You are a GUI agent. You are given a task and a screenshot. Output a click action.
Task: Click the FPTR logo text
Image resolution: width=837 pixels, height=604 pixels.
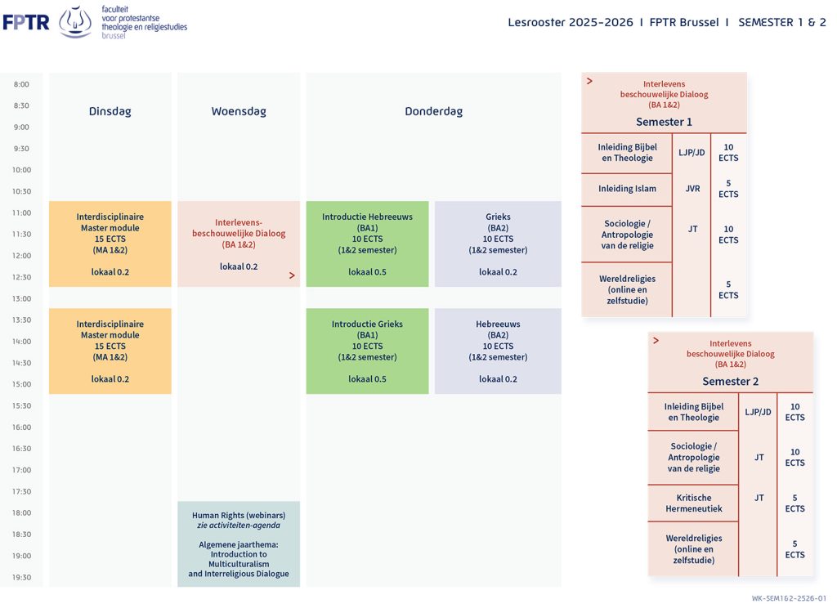[x=26, y=22]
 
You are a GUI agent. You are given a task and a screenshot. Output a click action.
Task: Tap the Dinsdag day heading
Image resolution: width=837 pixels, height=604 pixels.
[x=110, y=111]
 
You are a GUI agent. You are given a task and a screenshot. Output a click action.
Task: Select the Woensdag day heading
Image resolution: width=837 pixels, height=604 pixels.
[x=239, y=111]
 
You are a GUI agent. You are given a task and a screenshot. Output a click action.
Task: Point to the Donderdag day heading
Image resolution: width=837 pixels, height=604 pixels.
[x=433, y=111]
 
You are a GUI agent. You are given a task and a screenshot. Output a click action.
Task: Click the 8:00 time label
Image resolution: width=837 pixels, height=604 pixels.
[x=21, y=84]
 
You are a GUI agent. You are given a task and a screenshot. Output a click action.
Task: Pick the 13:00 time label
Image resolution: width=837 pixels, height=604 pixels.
[x=21, y=299]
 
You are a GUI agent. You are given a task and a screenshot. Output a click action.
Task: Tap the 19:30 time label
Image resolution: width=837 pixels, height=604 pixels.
[x=21, y=577]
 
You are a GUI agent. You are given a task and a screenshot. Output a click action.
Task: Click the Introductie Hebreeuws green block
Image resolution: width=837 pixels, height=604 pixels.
[x=367, y=244]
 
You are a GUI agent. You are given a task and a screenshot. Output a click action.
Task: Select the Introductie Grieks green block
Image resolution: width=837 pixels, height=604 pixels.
[x=367, y=351]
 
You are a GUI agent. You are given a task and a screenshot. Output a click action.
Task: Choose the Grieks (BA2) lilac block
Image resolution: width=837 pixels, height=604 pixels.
[x=498, y=244]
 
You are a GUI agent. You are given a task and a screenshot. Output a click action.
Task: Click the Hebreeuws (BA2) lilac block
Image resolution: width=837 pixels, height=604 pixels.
[x=498, y=351]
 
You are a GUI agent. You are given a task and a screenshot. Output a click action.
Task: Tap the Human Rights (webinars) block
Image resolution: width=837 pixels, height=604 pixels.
[x=239, y=544]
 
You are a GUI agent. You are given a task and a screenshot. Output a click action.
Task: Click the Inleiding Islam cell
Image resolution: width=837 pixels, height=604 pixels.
[x=627, y=190]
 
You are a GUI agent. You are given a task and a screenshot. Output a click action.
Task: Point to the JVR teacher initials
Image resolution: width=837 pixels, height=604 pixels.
[x=692, y=189]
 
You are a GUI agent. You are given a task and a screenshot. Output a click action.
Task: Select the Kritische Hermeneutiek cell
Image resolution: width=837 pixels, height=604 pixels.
[x=693, y=503]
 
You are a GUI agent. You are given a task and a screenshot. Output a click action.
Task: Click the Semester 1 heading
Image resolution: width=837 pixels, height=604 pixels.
[x=664, y=122]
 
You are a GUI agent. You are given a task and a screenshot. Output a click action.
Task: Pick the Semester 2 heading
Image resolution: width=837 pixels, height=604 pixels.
[x=730, y=382]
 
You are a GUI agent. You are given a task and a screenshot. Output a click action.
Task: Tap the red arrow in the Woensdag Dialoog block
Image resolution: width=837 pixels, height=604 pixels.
[x=292, y=275]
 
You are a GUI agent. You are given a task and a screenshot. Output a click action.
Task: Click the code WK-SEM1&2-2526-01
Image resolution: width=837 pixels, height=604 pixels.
[x=789, y=598]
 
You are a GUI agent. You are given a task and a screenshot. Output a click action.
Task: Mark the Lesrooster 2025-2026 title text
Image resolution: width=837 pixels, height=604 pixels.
[x=570, y=22]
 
